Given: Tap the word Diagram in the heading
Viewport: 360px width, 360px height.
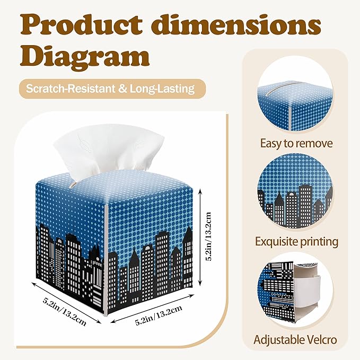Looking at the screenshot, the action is point(85,57).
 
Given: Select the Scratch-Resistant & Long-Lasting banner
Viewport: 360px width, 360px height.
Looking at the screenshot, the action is point(112,89).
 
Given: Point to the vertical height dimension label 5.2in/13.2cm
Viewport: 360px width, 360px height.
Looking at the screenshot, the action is point(208,236).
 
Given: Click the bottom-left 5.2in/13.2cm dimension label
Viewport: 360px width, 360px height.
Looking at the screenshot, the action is point(65,312).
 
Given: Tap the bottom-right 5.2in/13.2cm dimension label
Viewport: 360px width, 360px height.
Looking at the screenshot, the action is point(159,315).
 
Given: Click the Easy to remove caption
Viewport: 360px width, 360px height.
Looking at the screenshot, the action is point(296,144).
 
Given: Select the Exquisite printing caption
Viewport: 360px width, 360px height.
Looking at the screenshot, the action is point(296,242).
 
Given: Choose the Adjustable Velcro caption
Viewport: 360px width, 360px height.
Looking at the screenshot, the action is point(295,340).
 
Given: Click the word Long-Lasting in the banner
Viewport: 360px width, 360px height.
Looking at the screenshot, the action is point(162,89).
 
